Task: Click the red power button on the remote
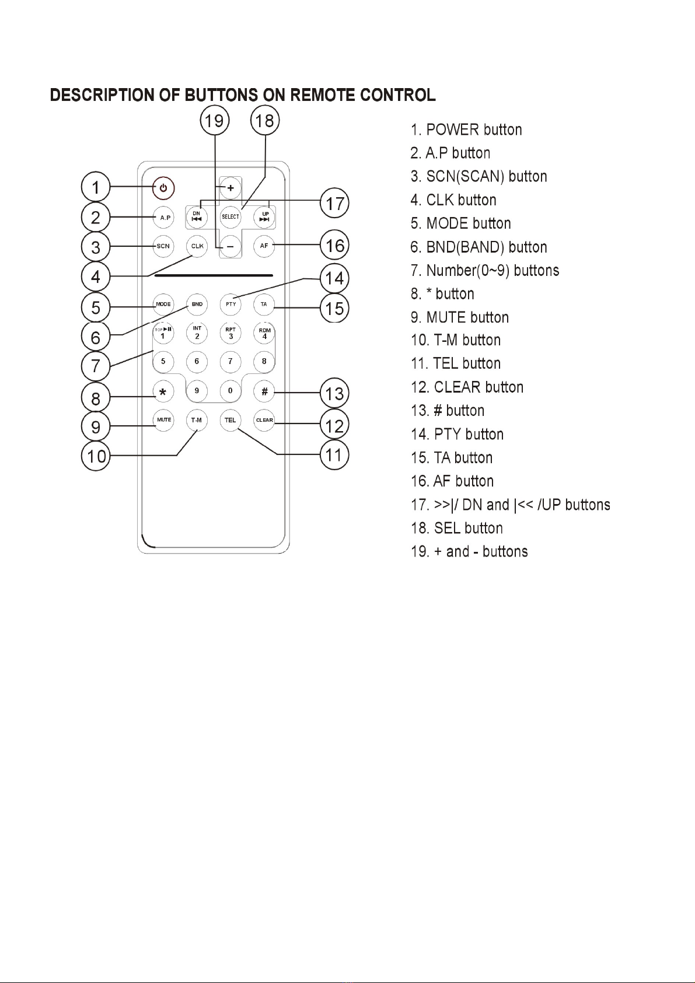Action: pos(163,188)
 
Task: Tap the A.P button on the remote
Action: pos(163,217)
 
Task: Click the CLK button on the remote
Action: pos(197,246)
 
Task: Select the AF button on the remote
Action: pos(264,246)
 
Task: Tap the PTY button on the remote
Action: pos(230,304)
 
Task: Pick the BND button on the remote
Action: pos(197,304)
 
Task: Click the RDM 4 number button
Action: pos(264,334)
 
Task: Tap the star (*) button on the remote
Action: pos(163,391)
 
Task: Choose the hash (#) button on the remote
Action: pos(264,391)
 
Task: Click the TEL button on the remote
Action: pos(230,420)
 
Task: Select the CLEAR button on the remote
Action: pos(264,420)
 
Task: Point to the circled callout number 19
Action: pos(215,121)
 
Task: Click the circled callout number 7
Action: pos(96,366)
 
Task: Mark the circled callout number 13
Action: pos(334,393)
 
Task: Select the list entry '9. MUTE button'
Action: pos(460,317)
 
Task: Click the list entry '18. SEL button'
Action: pos(456,528)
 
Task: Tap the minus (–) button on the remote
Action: pos(230,246)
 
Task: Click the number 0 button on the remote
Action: pos(230,390)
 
